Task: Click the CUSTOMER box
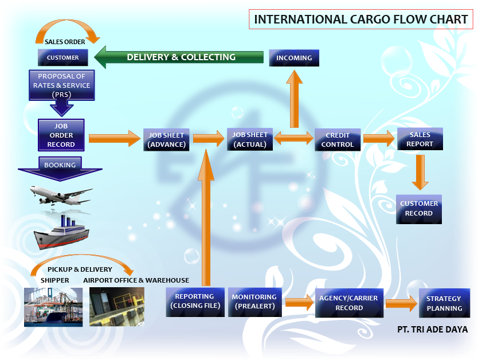click(x=62, y=57)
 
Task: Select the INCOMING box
click(x=294, y=58)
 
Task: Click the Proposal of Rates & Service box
click(x=61, y=85)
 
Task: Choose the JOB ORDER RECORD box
click(x=61, y=135)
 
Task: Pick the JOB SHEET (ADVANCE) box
click(x=166, y=140)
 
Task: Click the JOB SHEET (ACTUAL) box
click(x=250, y=139)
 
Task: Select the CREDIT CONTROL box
click(x=338, y=140)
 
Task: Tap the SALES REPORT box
click(x=420, y=139)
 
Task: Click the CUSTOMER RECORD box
click(x=419, y=209)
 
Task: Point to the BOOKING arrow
click(x=60, y=167)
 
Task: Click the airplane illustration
click(x=60, y=193)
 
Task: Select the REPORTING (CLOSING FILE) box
click(x=194, y=302)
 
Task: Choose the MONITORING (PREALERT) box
click(x=254, y=302)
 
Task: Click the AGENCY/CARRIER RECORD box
click(x=349, y=303)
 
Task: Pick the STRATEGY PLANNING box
click(x=444, y=303)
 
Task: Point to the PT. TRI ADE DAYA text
click(x=432, y=330)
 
